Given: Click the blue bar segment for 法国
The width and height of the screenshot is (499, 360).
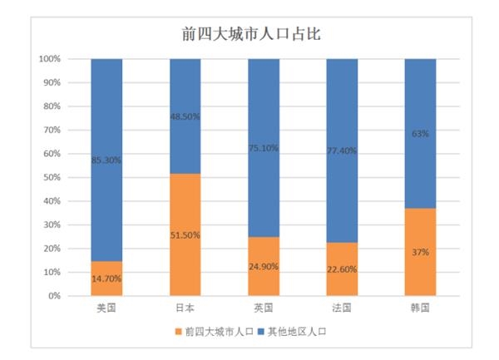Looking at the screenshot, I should pyautogui.click(x=341, y=108).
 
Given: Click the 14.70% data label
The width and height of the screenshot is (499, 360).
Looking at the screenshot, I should pyautogui.click(x=106, y=279).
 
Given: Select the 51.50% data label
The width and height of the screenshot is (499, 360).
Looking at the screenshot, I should pyautogui.click(x=185, y=234).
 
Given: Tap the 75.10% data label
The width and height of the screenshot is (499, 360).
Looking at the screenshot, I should pyautogui.click(x=264, y=148).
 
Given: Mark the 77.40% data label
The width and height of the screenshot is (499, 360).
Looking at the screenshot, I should pyautogui.click(x=341, y=150).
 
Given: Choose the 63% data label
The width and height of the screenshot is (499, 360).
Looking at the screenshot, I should pyautogui.click(x=420, y=133).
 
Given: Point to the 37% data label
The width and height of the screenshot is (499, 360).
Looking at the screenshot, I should pyautogui.click(x=420, y=252).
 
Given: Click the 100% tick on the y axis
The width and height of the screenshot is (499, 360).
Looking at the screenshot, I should pyautogui.click(x=49, y=59).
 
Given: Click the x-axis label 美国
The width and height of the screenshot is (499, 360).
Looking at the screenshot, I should pyautogui.click(x=106, y=308).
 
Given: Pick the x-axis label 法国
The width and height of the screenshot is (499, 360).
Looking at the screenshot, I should pyautogui.click(x=341, y=308).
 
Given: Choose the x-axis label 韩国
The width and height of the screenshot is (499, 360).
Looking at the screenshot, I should pyautogui.click(x=420, y=308).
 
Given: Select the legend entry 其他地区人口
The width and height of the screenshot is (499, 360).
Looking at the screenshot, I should pyautogui.click(x=297, y=331).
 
